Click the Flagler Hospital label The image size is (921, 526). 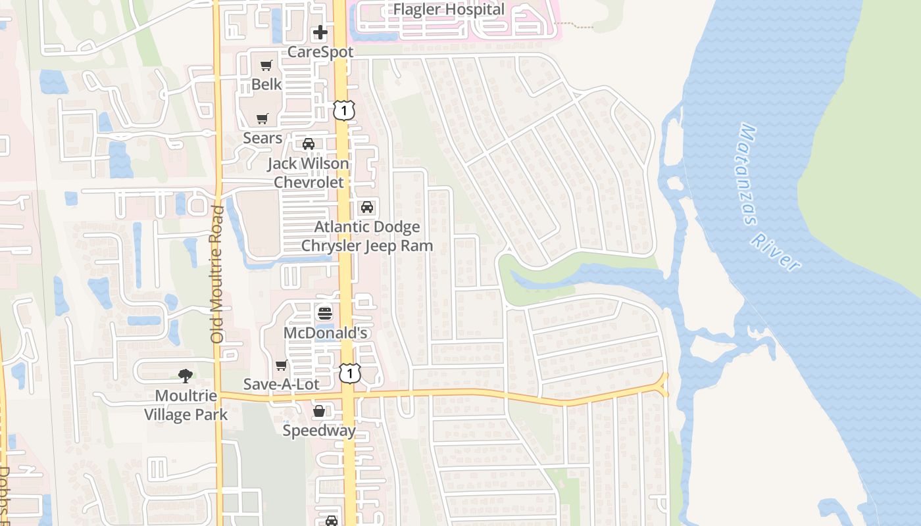[x=449, y=9]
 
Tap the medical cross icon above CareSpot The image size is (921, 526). [x=320, y=32]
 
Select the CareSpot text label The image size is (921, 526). [x=320, y=51]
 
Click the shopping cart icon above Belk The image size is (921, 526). [x=266, y=65]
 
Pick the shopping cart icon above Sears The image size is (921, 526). [x=262, y=119]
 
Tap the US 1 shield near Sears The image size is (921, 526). [x=343, y=110]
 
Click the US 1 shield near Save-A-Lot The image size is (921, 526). [x=350, y=373]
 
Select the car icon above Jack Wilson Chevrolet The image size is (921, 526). [x=308, y=144]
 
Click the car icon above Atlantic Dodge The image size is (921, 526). [x=367, y=207]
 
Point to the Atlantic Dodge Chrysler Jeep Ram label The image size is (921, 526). [x=367, y=236]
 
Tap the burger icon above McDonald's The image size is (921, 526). [x=325, y=313]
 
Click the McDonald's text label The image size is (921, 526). [x=325, y=333]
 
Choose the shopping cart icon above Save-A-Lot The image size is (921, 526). [x=282, y=365]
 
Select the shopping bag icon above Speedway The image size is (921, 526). [x=319, y=412]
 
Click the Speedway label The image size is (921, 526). [x=319, y=431]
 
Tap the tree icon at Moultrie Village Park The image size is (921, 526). [x=186, y=376]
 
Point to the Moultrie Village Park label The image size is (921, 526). [x=186, y=405]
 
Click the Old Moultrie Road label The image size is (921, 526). [x=218, y=274]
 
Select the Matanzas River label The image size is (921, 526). [x=769, y=197]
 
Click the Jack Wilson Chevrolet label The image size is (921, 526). [x=308, y=172]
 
